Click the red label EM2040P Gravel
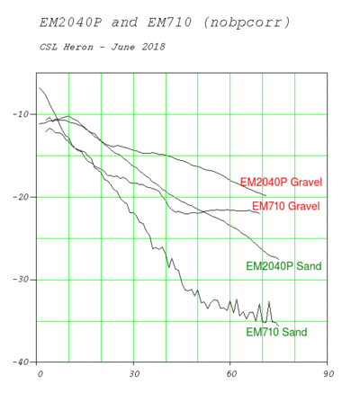[281, 182]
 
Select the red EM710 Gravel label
[285, 206]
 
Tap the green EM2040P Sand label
[283, 266]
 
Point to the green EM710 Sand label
[276, 332]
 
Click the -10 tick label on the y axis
[22, 114]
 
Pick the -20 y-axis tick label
[22, 197]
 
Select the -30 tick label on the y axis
[22, 280]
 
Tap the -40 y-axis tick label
[22, 362]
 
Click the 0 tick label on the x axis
[40, 374]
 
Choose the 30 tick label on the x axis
[134, 374]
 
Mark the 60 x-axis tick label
[231, 374]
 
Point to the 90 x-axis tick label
[328, 374]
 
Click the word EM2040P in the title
[71, 22]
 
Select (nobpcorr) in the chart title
[247, 22]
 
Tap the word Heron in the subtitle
[78, 47]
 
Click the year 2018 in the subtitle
[153, 47]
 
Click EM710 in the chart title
[169, 22]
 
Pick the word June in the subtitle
[123, 47]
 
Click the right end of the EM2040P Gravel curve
[265, 195]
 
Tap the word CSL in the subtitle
[49, 47]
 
